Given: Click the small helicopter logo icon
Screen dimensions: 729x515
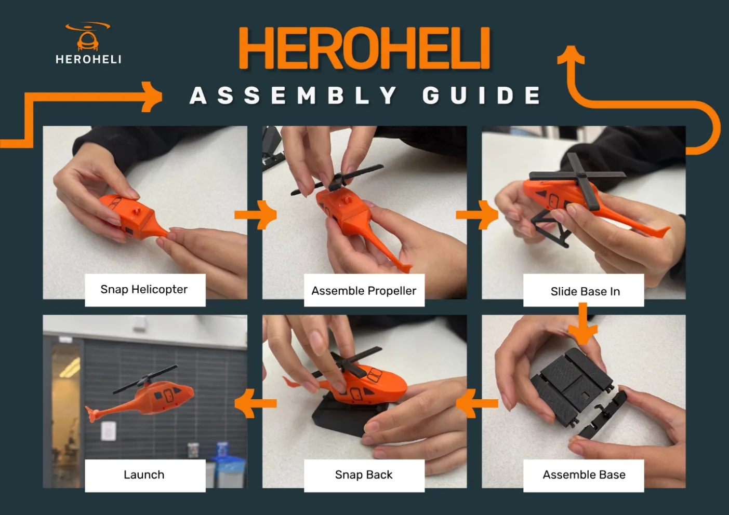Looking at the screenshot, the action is pyautogui.click(x=87, y=36).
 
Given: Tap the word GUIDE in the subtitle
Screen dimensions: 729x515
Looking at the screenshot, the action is pyautogui.click(x=482, y=96).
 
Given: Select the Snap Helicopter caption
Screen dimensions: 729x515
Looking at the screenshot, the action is pyautogui.click(x=144, y=289).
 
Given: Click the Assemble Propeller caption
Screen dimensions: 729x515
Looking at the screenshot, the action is pyautogui.click(x=364, y=291).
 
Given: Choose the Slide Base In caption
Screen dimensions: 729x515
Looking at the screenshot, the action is pyautogui.click(x=585, y=291).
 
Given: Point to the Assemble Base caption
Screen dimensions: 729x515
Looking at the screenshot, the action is pyautogui.click(x=584, y=475).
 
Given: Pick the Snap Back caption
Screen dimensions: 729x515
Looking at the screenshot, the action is pyautogui.click(x=364, y=475).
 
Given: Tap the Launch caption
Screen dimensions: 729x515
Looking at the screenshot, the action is pyautogui.click(x=144, y=475).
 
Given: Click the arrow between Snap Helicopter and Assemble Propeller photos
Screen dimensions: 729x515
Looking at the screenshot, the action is pyautogui.click(x=256, y=215).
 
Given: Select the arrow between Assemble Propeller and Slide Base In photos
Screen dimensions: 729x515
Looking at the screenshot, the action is pyautogui.click(x=477, y=215).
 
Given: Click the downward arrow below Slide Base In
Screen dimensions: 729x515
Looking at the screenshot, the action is pyautogui.click(x=583, y=323).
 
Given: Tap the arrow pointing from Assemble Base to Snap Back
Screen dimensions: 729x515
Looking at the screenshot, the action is pyautogui.click(x=477, y=403).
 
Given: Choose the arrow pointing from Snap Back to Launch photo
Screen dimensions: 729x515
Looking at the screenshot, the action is pyautogui.click(x=256, y=403).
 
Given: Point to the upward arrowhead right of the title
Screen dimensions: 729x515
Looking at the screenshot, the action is pyautogui.click(x=571, y=55).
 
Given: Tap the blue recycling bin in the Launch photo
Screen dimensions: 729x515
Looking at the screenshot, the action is pyautogui.click(x=228, y=469).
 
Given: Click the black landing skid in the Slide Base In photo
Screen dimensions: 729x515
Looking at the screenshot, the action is pyautogui.click(x=550, y=227).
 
